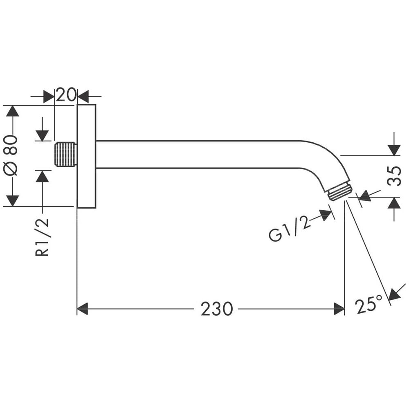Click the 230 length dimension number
click(x=216, y=309)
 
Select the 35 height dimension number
click(x=394, y=176)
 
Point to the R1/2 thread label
click(x=42, y=237)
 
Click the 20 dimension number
click(x=66, y=95)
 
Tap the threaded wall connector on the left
click(x=65, y=154)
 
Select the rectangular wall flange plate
click(x=87, y=156)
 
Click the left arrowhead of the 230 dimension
click(x=83, y=309)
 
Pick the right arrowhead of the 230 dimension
click(x=339, y=309)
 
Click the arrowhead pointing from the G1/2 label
click(x=326, y=215)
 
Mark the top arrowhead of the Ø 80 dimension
click(x=13, y=111)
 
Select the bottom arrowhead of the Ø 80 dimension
click(x=13, y=200)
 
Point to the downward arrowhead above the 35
click(x=394, y=150)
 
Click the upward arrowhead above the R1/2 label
click(x=42, y=176)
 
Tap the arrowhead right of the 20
click(x=83, y=97)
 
